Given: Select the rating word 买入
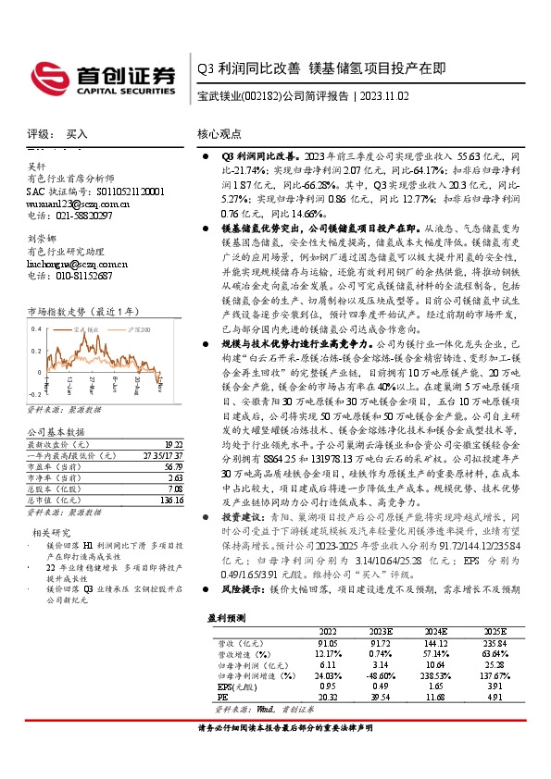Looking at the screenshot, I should tap(77, 133).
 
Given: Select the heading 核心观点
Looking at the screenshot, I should tap(219, 133).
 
